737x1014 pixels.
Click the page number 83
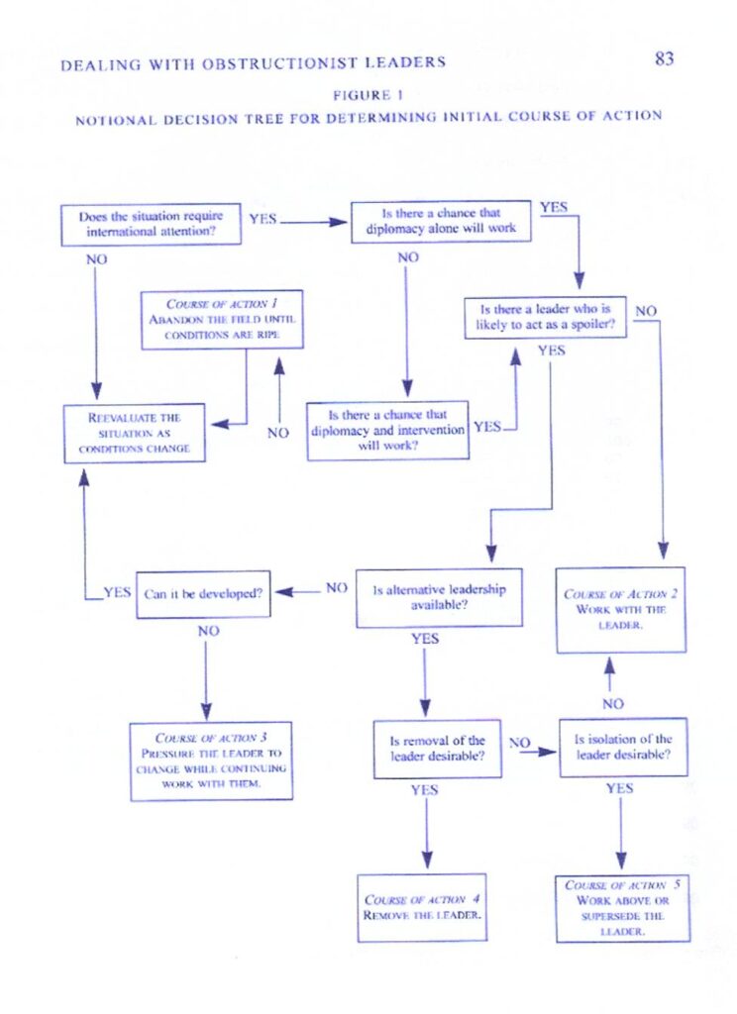(x=664, y=58)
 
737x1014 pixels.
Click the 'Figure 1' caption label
(x=368, y=95)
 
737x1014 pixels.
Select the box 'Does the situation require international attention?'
(x=151, y=225)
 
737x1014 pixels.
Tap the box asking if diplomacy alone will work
(x=441, y=222)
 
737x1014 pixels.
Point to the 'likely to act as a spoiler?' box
(x=545, y=318)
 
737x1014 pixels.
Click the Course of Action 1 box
(x=222, y=320)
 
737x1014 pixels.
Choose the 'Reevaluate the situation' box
(x=135, y=434)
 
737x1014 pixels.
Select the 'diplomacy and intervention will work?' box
(x=387, y=431)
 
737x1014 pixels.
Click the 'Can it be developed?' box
(x=203, y=594)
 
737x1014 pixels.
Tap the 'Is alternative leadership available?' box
(x=439, y=597)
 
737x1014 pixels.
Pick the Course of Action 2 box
(x=620, y=610)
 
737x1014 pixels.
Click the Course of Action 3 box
(x=211, y=761)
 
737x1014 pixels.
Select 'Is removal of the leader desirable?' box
(x=438, y=749)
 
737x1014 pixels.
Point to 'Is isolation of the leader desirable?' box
(x=623, y=747)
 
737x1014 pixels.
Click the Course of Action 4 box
(x=422, y=907)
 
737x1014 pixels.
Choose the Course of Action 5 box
(x=622, y=908)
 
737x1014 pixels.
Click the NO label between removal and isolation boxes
(x=519, y=743)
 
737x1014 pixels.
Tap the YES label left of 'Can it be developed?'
(x=117, y=592)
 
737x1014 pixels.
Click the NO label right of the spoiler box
(x=646, y=311)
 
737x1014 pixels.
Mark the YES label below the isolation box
(x=619, y=788)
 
